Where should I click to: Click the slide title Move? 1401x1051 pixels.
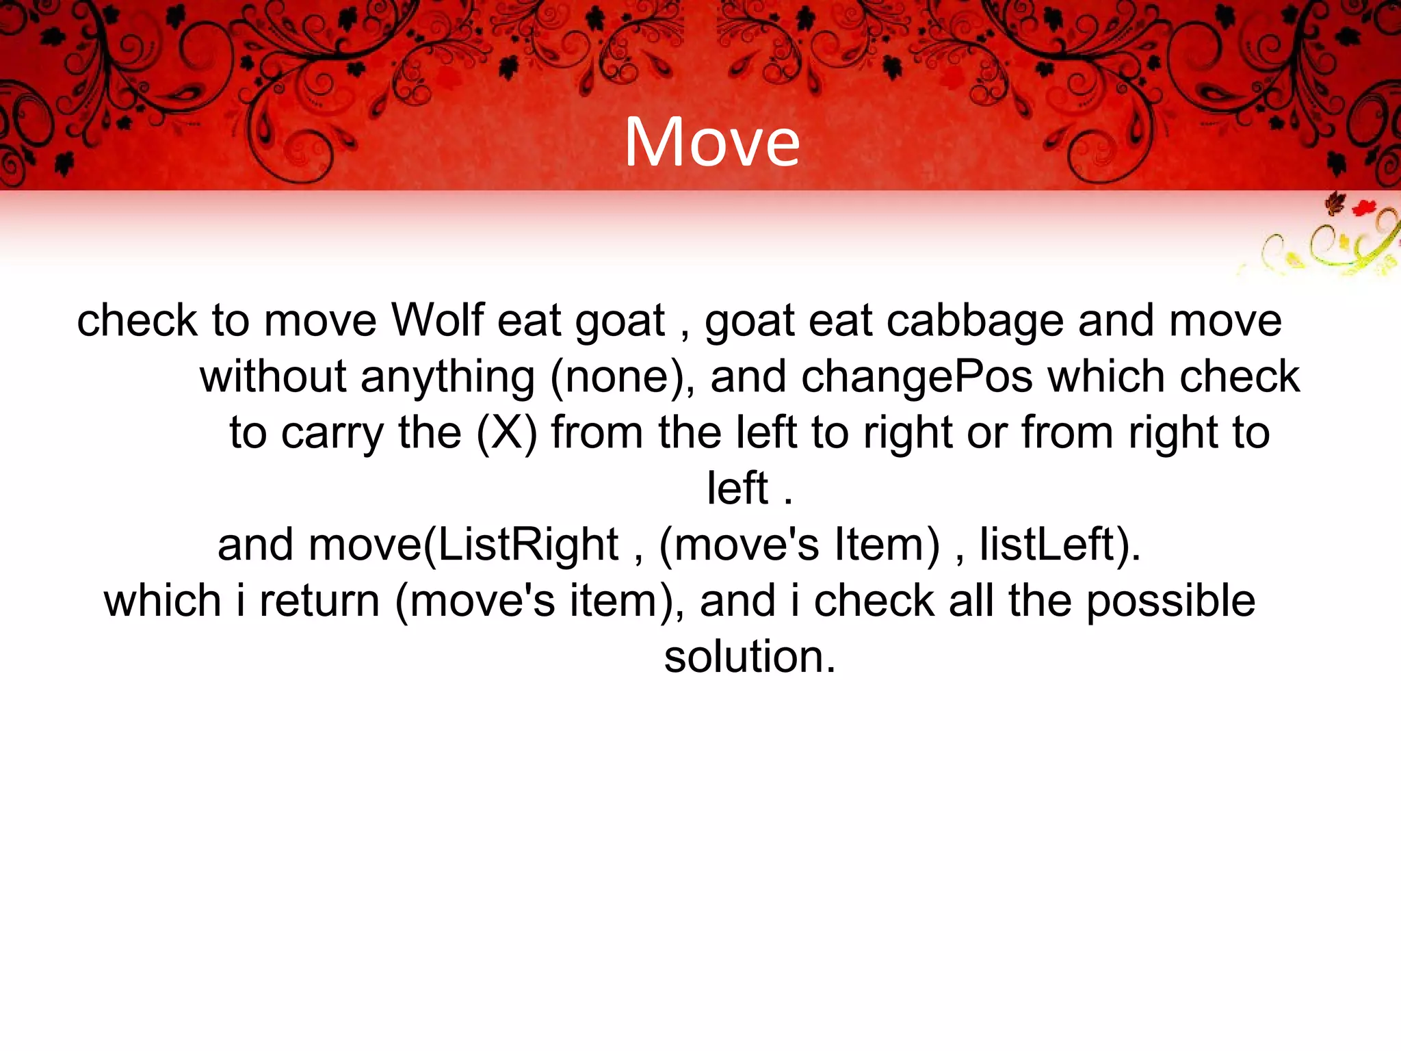(x=711, y=142)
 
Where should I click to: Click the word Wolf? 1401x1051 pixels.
(x=437, y=320)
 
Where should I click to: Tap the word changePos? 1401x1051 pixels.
(x=917, y=377)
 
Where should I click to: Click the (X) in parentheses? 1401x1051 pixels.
(x=506, y=433)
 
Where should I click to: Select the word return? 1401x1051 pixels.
(x=319, y=601)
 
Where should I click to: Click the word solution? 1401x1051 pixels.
(x=750, y=657)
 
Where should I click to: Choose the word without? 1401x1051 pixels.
(x=273, y=377)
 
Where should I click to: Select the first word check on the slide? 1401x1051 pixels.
(x=137, y=320)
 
